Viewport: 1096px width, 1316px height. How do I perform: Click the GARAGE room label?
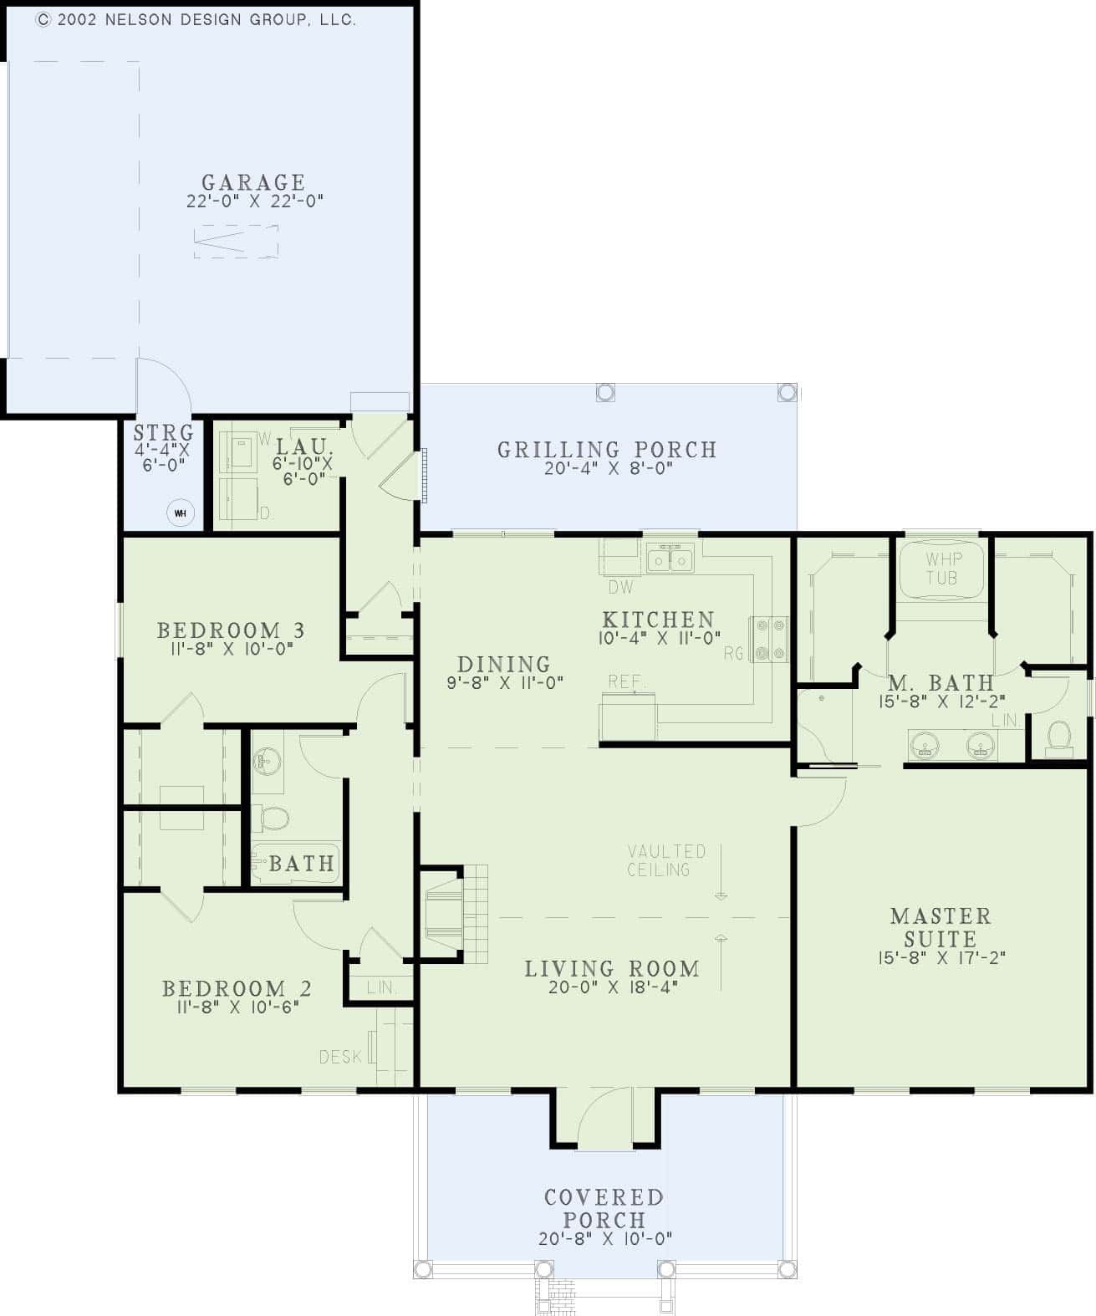tap(253, 182)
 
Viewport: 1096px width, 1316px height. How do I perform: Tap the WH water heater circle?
tap(181, 513)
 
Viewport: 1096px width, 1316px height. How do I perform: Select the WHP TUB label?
tap(942, 568)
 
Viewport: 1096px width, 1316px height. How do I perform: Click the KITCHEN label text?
tap(658, 620)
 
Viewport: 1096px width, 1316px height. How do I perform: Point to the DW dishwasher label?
tap(620, 588)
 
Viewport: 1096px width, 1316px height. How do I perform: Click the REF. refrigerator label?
tap(624, 681)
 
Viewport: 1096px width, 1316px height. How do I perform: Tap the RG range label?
tap(733, 653)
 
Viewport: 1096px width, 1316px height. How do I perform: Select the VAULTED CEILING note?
tap(666, 860)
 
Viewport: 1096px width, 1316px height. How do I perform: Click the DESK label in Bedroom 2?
tap(340, 1057)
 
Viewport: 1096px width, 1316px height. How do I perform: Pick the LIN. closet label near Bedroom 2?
tap(381, 987)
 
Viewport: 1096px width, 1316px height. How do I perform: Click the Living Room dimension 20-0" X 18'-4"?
tap(611, 987)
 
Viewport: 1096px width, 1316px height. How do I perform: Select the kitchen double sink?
tap(670, 558)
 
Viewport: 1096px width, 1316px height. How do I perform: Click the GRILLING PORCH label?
tap(607, 450)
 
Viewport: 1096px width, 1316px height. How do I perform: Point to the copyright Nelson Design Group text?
tap(196, 20)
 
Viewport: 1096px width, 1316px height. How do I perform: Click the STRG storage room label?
tap(163, 432)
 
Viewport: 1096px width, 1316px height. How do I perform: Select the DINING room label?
tap(504, 664)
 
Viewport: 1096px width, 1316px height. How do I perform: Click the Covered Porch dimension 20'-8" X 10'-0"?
tap(604, 1239)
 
